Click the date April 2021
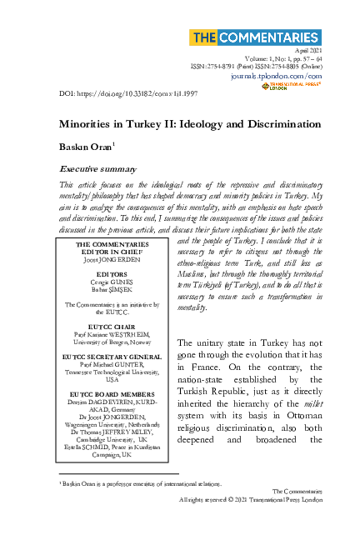tap(307, 52)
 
